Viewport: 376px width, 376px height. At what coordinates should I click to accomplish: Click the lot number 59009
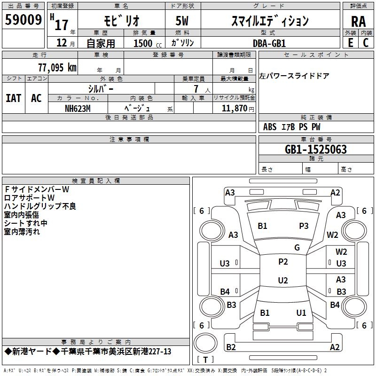(x=23, y=20)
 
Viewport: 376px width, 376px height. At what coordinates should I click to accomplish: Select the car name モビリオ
(x=120, y=21)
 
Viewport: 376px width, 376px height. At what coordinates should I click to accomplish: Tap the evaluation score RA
(x=358, y=21)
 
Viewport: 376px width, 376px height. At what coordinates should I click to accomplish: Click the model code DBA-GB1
(x=269, y=43)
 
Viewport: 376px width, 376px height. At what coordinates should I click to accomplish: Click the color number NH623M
(x=78, y=108)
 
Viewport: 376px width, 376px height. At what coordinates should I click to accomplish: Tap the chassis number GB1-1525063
(x=316, y=149)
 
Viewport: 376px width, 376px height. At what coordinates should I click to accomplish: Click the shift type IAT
(x=13, y=98)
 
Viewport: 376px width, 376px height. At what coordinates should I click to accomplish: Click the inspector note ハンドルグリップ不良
(x=40, y=206)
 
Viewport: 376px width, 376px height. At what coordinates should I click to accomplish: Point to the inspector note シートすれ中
(x=25, y=223)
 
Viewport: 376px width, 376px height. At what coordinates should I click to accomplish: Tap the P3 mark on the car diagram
(x=304, y=226)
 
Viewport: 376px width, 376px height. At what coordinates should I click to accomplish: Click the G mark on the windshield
(x=297, y=248)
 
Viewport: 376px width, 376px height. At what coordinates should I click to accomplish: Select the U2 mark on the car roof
(x=283, y=281)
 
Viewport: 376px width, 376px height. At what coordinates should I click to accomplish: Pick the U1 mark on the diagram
(x=301, y=313)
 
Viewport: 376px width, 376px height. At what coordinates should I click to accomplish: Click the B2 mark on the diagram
(x=231, y=347)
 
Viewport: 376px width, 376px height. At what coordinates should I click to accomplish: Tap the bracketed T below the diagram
(x=205, y=360)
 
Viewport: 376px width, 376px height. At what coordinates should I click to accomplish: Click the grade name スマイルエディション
(x=270, y=21)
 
